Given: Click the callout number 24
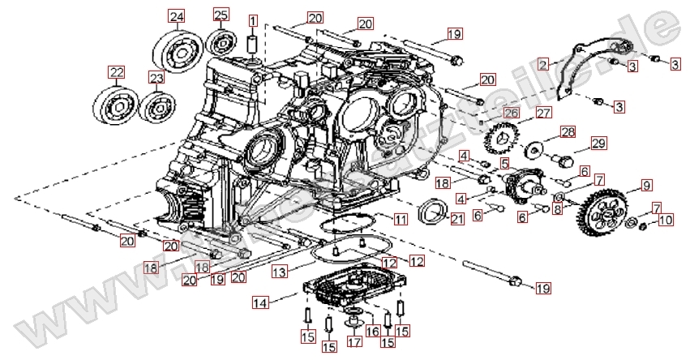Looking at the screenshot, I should click(x=176, y=15).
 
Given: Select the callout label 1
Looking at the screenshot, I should click(x=253, y=21).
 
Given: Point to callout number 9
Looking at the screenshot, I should click(x=646, y=186).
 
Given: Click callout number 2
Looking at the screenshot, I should click(x=542, y=62).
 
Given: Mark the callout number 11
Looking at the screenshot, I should click(x=401, y=220).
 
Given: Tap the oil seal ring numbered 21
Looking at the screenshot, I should click(x=431, y=212).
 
